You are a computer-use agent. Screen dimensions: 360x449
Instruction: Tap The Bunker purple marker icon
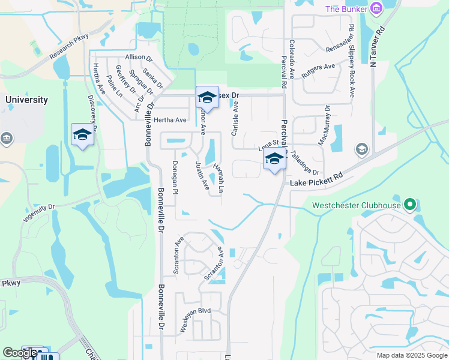point(376,8)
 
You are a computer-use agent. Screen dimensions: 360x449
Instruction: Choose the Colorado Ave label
point(292,59)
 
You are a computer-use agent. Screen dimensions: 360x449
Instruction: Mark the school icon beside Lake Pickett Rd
point(274,159)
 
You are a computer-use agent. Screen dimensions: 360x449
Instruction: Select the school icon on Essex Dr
point(207,97)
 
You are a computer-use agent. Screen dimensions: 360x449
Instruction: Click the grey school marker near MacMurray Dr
point(361,148)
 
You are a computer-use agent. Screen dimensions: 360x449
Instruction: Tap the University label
point(26,100)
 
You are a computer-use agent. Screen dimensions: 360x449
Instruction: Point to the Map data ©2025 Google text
point(411,355)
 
